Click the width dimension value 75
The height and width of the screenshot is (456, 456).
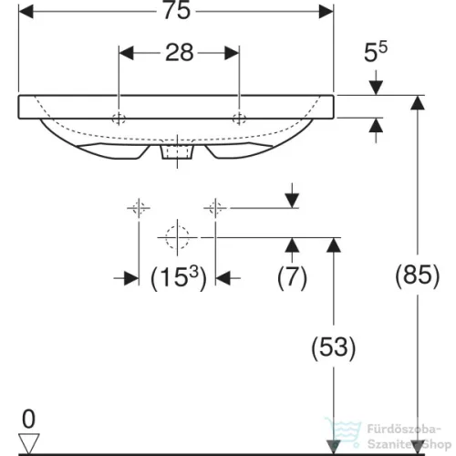coord(176,13)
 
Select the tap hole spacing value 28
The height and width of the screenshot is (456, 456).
coord(179,53)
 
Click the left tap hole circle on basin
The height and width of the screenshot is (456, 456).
coord(119,117)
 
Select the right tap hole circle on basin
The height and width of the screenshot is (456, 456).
coord(239,117)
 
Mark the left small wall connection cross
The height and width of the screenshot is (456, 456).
coord(139,208)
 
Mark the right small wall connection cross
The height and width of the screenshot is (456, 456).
coord(216,208)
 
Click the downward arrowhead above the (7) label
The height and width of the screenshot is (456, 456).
coord(291,200)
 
